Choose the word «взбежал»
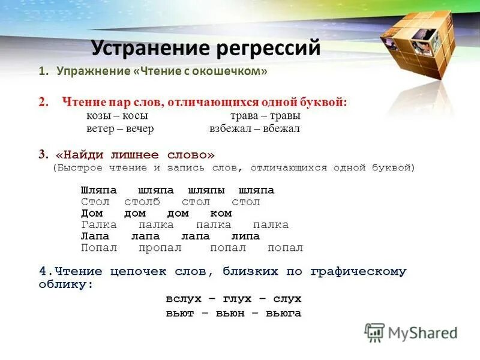click(x=227, y=128)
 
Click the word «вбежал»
click(x=281, y=128)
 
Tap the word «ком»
click(x=221, y=213)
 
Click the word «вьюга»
click(x=283, y=313)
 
